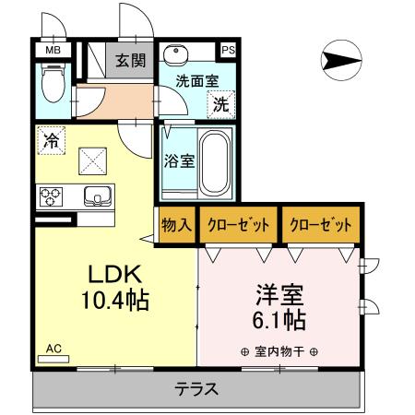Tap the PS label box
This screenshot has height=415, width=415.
tap(227, 50)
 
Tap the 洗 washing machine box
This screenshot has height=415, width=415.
tap(221, 103)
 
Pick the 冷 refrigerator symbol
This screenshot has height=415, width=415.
tap(53, 141)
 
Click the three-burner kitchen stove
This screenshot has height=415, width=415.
tap(50, 196)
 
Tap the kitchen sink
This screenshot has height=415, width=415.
tap(97, 195)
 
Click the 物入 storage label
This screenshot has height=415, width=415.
tap(176, 225)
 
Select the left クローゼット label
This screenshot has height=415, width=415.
tap(238, 225)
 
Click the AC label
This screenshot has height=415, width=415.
tap(53, 348)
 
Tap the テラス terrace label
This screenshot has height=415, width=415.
tap(197, 388)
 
